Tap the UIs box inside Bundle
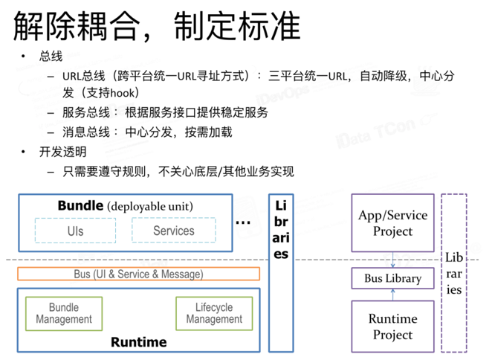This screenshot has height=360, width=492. pos(75,231)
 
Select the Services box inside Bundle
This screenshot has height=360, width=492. pos(173,231)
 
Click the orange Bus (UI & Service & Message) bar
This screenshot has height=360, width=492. pos(138,274)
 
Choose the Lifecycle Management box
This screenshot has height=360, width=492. pos(213,313)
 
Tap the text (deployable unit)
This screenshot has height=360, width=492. pos(149,206)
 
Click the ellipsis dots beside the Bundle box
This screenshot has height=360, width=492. pos(243,221)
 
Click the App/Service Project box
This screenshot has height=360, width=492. pos(392,223)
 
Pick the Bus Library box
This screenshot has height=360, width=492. pos(392,279)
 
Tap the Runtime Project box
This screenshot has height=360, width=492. pos(392,327)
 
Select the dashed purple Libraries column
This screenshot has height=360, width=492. pos(453,271)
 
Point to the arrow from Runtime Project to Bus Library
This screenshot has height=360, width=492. pos(392,295)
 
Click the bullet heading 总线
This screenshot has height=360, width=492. pos(51,57)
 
